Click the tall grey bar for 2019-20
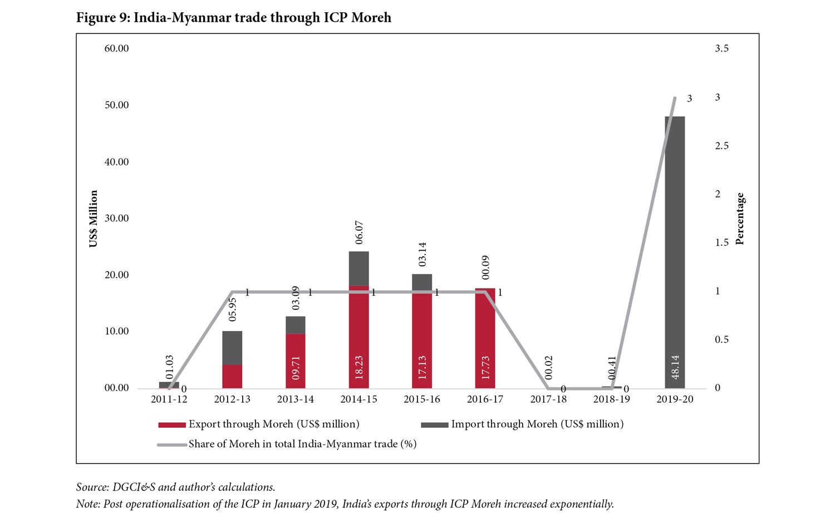(675, 234)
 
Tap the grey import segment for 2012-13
(232, 348)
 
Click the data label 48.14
(675, 367)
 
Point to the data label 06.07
(359, 232)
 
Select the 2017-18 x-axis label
(548, 399)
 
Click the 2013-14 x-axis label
(296, 399)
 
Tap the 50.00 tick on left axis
(116, 105)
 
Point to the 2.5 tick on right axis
(721, 146)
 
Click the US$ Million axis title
(94, 218)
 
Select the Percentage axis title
(740, 218)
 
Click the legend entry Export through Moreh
(273, 425)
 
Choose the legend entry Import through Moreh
(537, 425)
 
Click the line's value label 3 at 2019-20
(689, 99)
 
